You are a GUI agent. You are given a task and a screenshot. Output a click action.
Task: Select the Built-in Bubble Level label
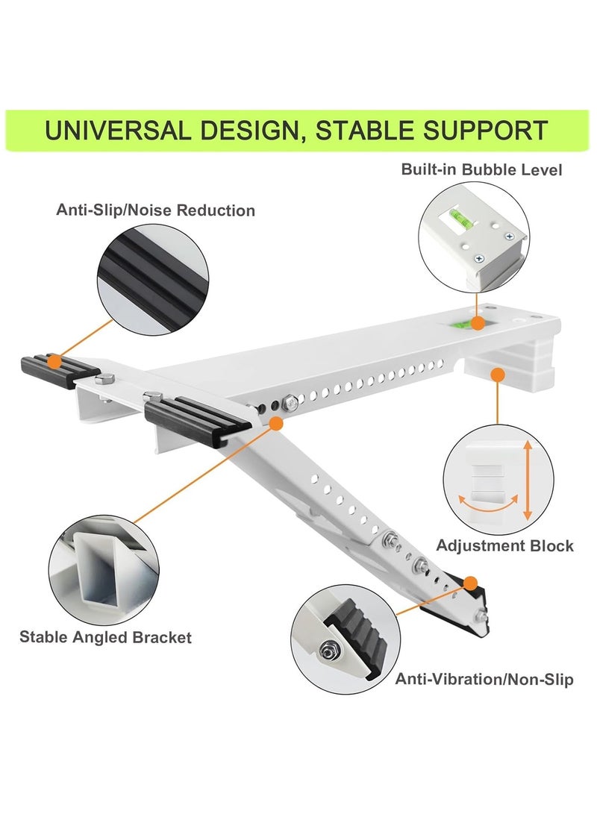[481, 169]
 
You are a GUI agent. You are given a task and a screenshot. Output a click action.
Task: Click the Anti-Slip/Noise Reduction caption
[155, 210]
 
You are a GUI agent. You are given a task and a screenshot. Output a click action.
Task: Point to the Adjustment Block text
[504, 545]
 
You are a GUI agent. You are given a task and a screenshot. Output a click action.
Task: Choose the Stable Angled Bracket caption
[105, 637]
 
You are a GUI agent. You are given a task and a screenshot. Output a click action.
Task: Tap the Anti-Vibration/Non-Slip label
[484, 679]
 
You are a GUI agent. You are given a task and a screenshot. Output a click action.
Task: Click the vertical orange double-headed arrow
[528, 480]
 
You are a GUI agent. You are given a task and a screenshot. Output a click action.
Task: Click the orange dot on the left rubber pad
[54, 362]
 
